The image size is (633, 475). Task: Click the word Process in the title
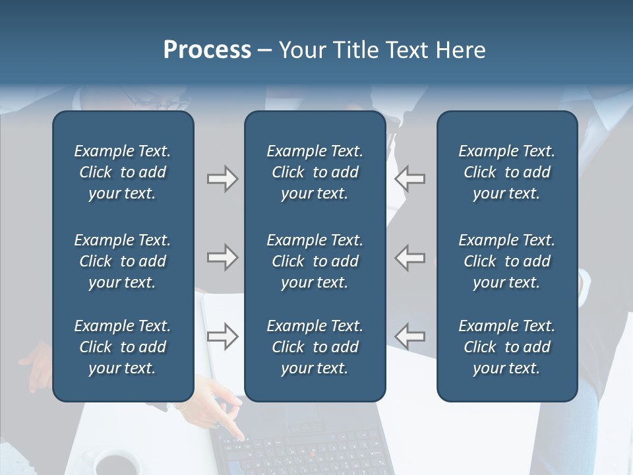point(207,50)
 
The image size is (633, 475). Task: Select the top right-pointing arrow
point(222,179)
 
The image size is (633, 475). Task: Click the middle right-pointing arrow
point(222,257)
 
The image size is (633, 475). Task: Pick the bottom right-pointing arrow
point(222,336)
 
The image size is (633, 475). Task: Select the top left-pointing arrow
point(409,179)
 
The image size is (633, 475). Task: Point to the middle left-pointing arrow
point(409,257)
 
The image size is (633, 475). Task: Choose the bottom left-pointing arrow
point(409,336)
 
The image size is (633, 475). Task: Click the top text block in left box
point(123,172)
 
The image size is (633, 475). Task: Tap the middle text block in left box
point(123,261)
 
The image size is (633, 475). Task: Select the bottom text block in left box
point(123,347)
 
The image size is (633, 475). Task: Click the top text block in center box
point(315,172)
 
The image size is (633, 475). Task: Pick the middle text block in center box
point(315,261)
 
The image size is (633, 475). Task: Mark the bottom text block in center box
point(315,347)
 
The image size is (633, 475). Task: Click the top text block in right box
point(507,172)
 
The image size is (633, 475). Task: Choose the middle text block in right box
point(507,261)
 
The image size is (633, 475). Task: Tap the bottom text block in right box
point(507,347)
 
